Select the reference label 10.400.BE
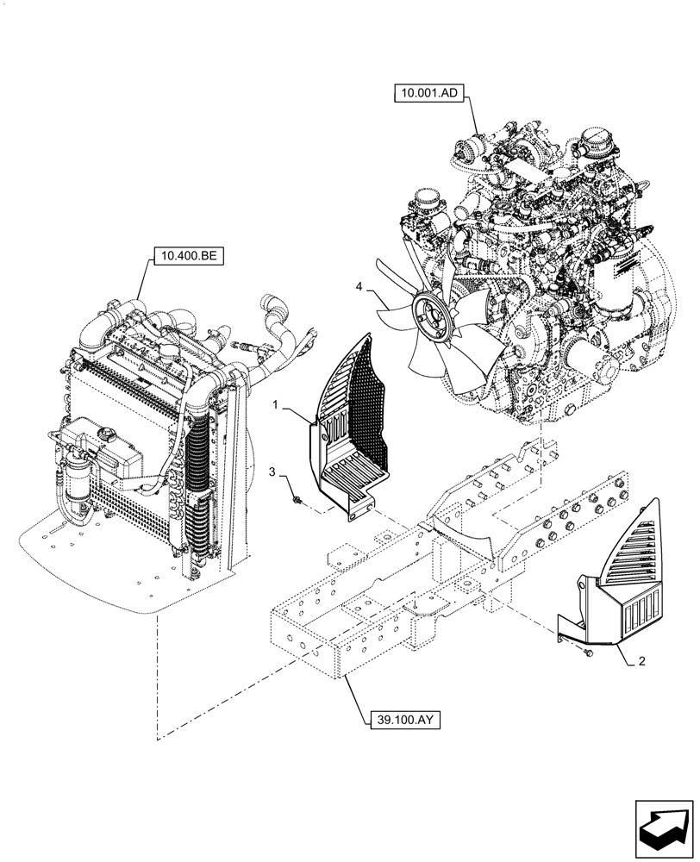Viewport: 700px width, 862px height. pyautogui.click(x=187, y=255)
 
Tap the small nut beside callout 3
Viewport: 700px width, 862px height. pyautogui.click(x=296, y=497)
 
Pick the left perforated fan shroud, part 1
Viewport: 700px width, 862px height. pyautogui.click(x=349, y=431)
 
